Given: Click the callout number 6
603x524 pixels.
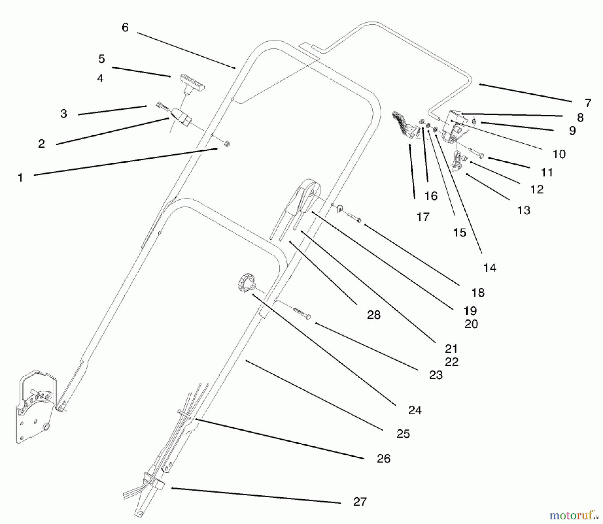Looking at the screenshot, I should [x=125, y=27].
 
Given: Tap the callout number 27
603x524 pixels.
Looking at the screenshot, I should [x=360, y=502].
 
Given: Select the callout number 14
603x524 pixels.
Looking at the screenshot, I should [x=489, y=268].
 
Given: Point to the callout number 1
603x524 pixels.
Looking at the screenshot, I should [x=20, y=177].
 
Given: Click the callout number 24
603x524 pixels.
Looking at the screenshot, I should [x=415, y=410].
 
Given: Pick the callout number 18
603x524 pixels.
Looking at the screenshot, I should [x=478, y=293].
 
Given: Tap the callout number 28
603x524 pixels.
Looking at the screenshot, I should [x=374, y=315].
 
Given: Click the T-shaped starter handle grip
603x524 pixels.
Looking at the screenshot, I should [x=192, y=83].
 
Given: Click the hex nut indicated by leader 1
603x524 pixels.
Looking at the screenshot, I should [x=227, y=144].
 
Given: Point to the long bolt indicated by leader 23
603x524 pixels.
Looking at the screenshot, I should [x=301, y=313].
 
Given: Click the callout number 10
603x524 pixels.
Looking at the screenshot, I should [x=559, y=154].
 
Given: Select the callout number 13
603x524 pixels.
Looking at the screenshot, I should [x=524, y=210].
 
